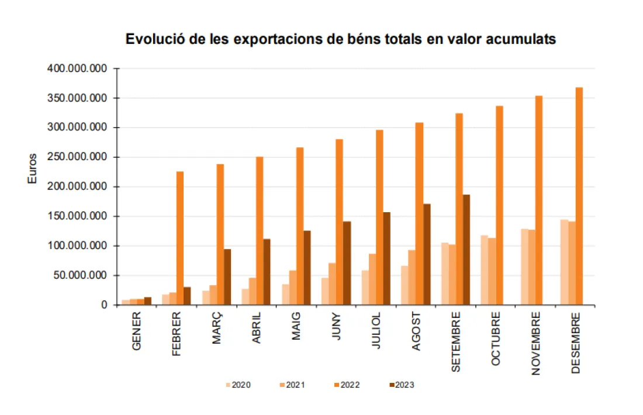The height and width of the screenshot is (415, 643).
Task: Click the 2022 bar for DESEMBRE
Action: [579, 196]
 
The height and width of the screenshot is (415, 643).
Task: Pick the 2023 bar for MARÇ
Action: [227, 277]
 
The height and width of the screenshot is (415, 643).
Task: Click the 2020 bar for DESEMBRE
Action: [564, 262]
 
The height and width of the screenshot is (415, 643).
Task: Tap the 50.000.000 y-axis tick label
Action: [82, 275]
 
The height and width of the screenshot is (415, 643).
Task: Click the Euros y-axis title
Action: [33, 168]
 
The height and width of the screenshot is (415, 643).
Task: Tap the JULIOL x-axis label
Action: [377, 331]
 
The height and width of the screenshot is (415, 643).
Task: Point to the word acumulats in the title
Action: [519, 40]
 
